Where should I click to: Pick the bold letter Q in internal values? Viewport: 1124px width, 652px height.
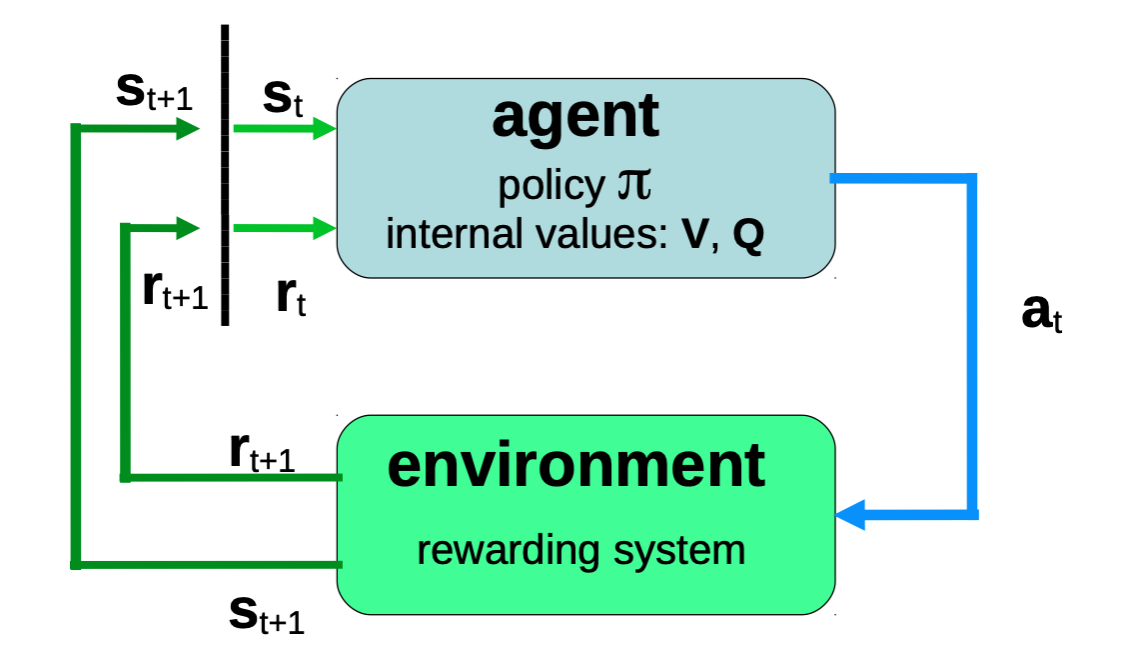pyautogui.click(x=747, y=236)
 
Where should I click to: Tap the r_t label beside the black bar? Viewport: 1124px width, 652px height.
pyautogui.click(x=291, y=298)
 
